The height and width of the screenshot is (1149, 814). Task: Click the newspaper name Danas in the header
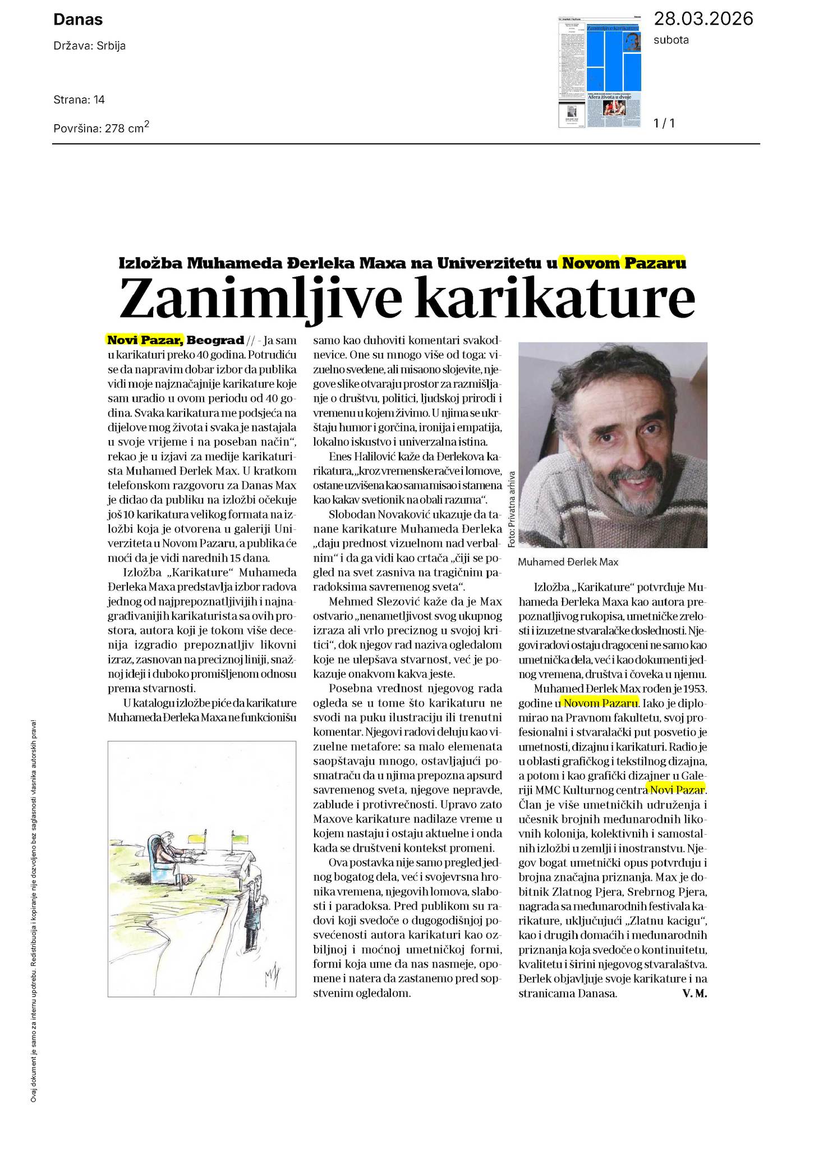pos(78,20)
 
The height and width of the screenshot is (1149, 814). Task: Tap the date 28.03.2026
pos(703,19)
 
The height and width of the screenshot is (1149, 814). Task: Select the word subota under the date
pos(671,40)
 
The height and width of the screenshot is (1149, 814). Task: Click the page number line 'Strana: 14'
pos(79,100)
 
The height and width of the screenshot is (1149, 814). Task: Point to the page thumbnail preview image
pos(600,72)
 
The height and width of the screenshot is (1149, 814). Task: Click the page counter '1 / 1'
pos(664,123)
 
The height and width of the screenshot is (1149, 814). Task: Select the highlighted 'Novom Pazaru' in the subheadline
pos(624,263)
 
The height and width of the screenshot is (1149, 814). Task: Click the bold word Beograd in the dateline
pos(215,340)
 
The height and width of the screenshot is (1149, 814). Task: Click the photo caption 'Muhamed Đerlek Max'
pos(568,562)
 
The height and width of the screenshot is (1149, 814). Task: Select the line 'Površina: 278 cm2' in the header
pos(102,128)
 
